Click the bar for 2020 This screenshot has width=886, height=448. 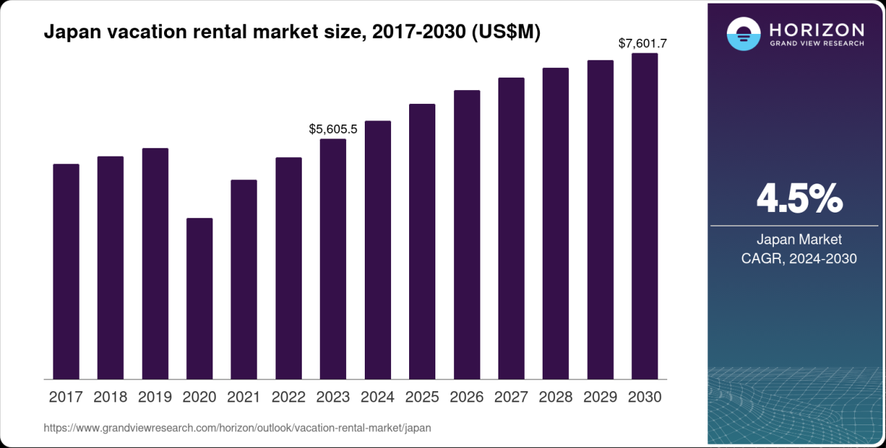click(199, 298)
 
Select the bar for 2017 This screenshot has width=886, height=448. click(66, 271)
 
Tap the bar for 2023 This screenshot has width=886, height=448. click(333, 259)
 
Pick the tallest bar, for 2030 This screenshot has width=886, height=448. click(644, 216)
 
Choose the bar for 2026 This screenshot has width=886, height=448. click(467, 235)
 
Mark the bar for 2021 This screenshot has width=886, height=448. click(244, 279)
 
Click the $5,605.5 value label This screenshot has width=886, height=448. click(333, 129)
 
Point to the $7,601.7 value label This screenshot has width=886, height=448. click(642, 44)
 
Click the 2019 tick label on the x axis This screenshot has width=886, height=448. click(155, 397)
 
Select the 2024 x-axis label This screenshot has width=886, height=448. click(378, 397)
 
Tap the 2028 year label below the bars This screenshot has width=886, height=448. click(555, 397)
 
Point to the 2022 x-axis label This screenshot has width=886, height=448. click(289, 397)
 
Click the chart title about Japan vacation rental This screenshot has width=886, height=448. click(291, 33)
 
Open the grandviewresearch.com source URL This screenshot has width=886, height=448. click(237, 428)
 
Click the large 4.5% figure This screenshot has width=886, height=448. click(799, 199)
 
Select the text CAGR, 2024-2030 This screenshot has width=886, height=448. click(799, 259)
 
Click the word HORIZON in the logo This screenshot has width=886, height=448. click(817, 30)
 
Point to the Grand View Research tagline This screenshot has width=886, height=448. click(817, 44)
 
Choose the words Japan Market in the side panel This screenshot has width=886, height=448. click(799, 240)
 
